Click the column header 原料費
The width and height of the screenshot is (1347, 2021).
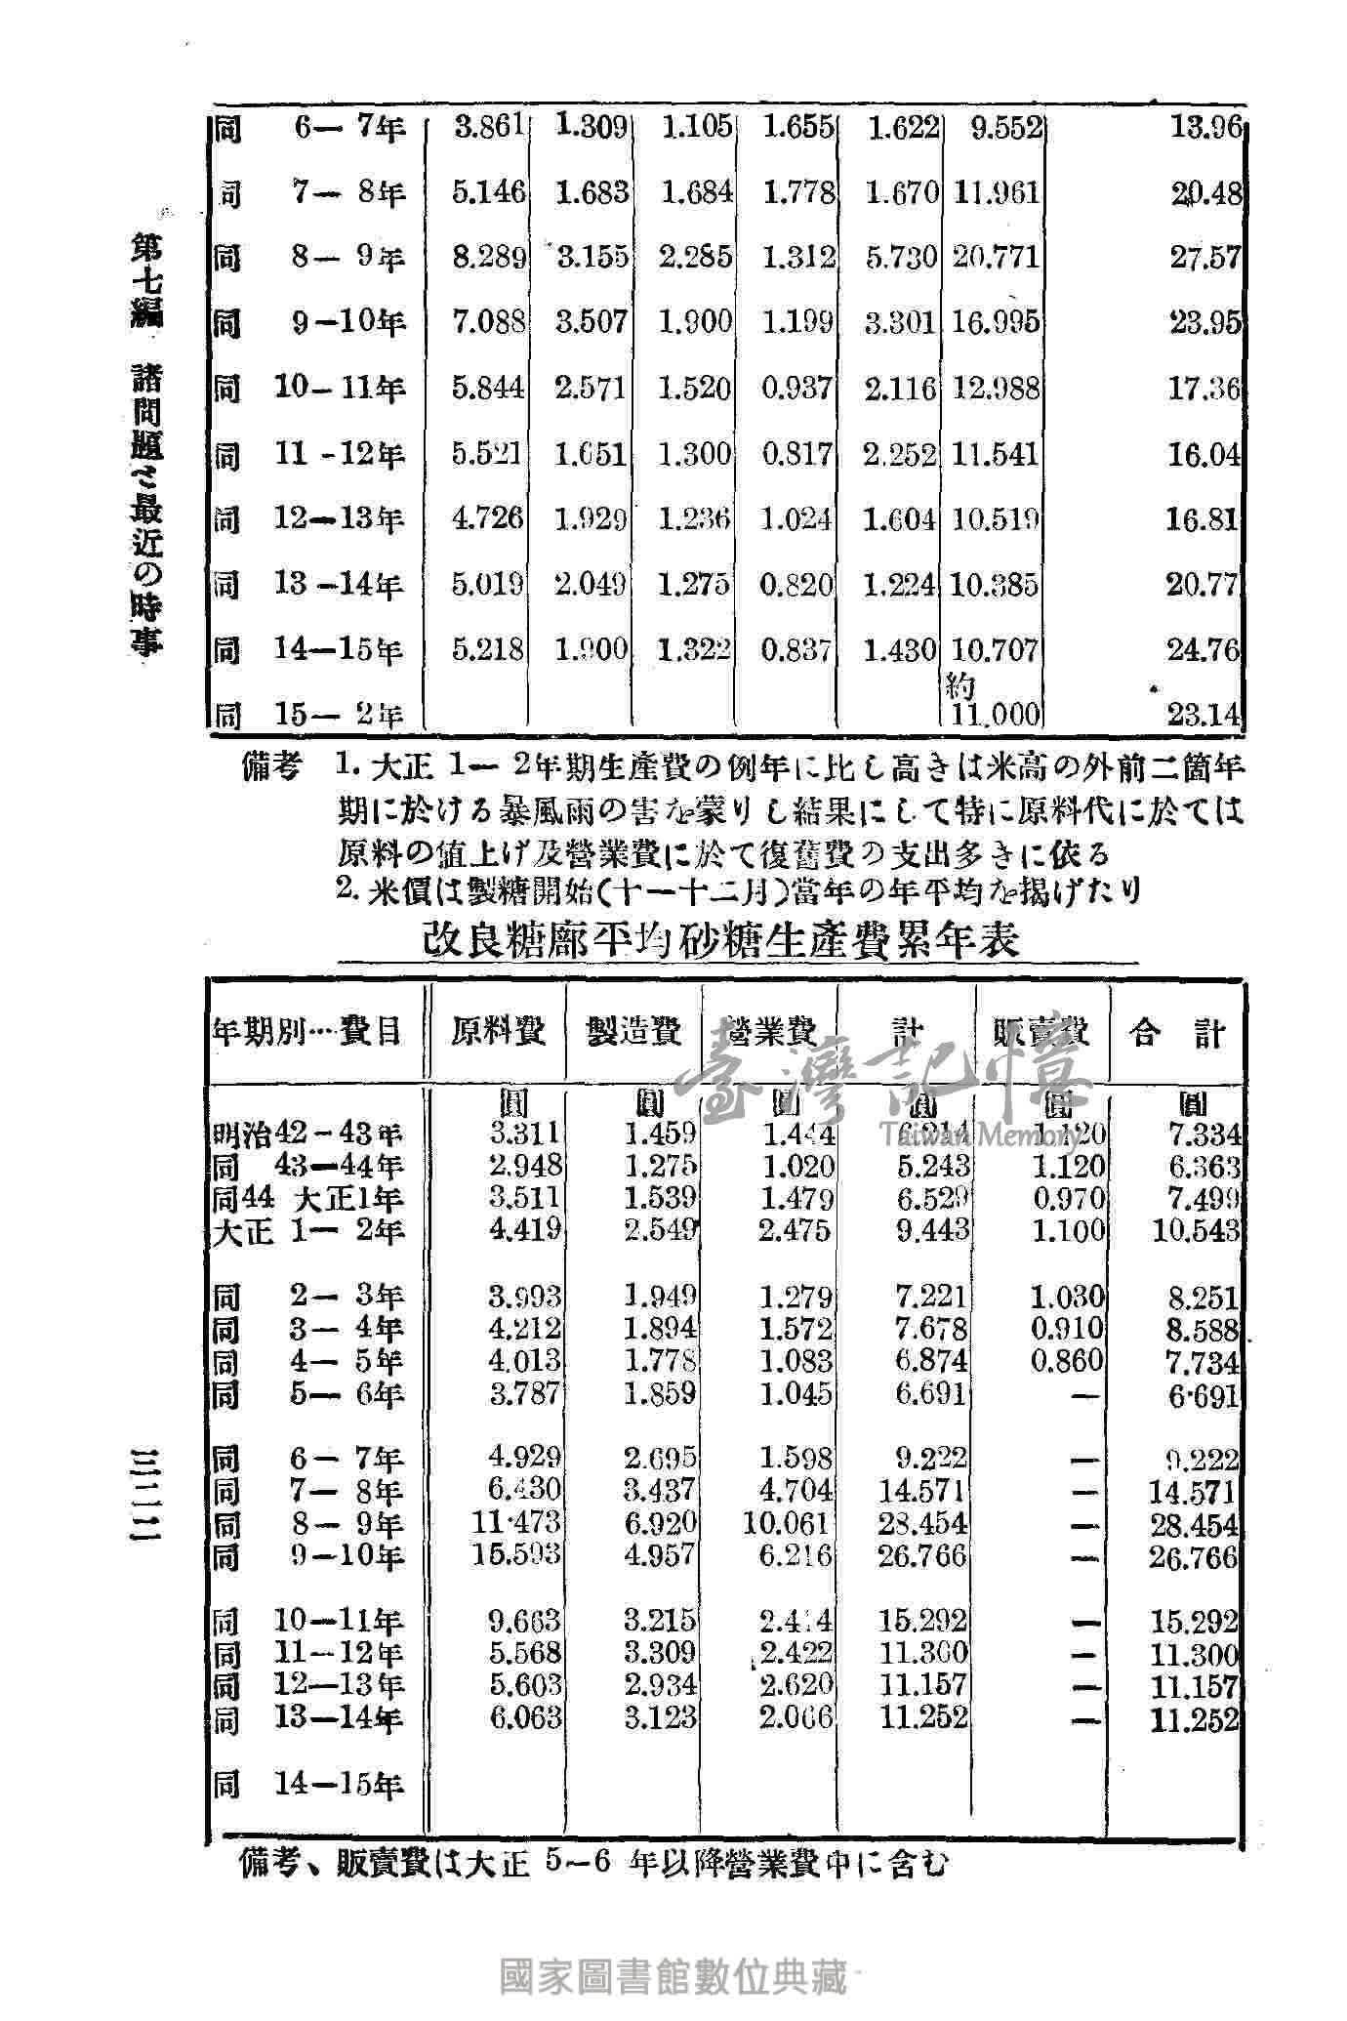pos(498,1033)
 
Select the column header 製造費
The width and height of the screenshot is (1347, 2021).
pos(633,1033)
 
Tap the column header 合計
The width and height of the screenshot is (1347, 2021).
pos(1177,1033)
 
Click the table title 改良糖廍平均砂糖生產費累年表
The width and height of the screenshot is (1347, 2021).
pos(721,940)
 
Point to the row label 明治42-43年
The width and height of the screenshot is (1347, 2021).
pos(308,1134)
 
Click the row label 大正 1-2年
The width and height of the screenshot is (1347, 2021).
pos(308,1231)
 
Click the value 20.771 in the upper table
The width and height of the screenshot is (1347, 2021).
pos(995,258)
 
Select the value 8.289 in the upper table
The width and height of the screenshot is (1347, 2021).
pos(489,258)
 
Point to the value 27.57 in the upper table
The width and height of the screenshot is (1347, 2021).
pos(1205,258)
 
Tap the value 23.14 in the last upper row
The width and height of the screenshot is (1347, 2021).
pos(1205,716)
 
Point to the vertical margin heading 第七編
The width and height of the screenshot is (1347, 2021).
pos(148,282)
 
